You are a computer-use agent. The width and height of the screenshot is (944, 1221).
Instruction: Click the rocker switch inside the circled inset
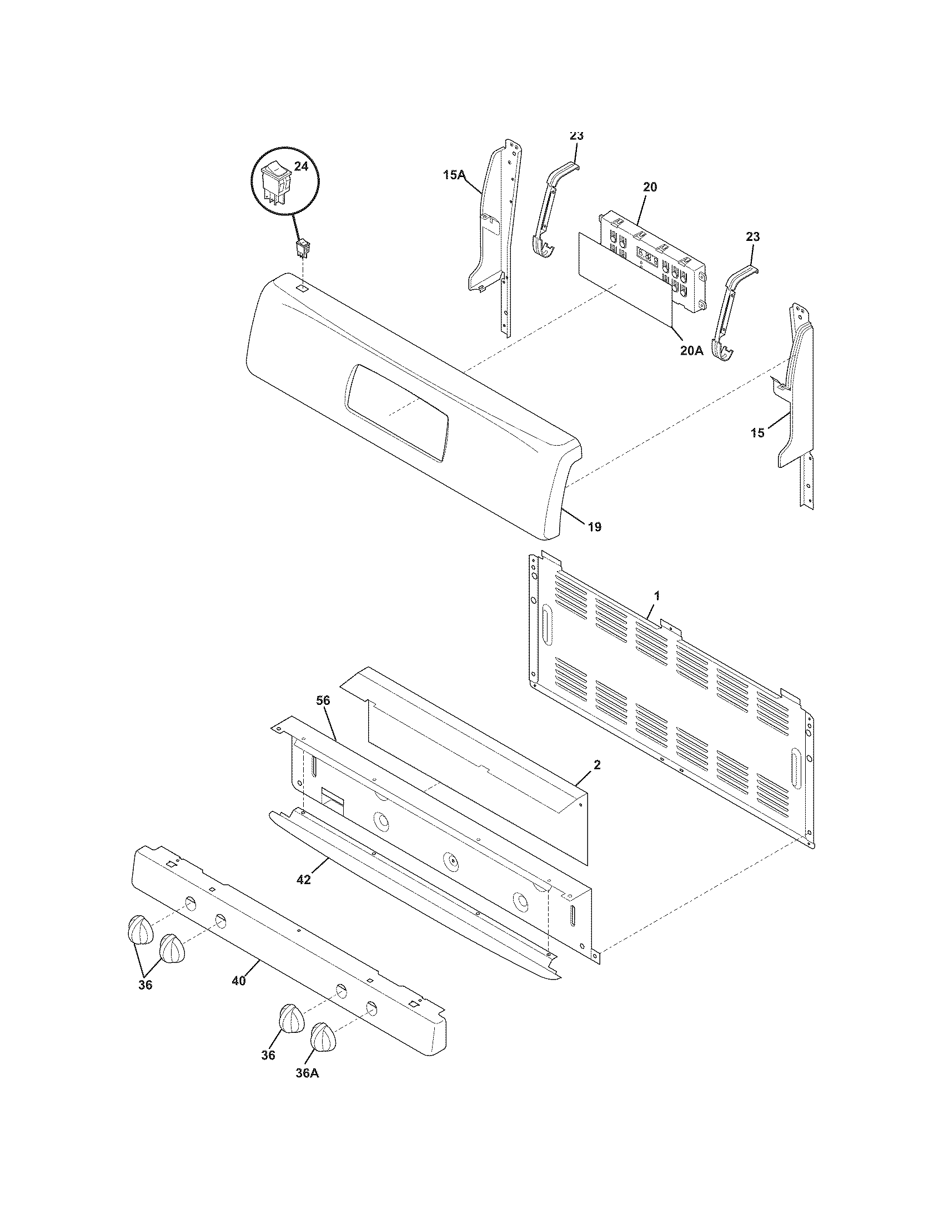tap(276, 180)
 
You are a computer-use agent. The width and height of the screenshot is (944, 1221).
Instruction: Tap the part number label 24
tap(301, 167)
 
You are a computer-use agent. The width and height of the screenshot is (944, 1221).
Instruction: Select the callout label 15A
tap(454, 175)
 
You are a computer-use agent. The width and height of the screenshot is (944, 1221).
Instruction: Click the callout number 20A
tap(692, 350)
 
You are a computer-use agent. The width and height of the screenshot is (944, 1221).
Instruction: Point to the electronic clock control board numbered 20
tap(652, 260)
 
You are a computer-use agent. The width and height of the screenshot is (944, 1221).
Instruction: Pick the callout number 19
tap(595, 526)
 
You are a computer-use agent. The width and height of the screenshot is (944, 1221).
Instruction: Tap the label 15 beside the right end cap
tap(757, 433)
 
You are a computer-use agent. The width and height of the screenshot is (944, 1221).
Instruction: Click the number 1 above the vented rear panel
tap(657, 597)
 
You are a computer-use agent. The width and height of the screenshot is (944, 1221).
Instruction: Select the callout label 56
tap(323, 700)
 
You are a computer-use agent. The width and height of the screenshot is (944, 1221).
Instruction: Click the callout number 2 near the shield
tap(597, 765)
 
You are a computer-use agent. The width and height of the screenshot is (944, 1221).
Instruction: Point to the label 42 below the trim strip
tap(303, 880)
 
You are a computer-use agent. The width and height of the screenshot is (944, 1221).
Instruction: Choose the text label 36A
tap(308, 1074)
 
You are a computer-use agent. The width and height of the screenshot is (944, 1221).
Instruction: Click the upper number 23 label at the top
tap(576, 136)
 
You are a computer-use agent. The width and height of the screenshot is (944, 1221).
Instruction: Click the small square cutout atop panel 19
tap(301, 287)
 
